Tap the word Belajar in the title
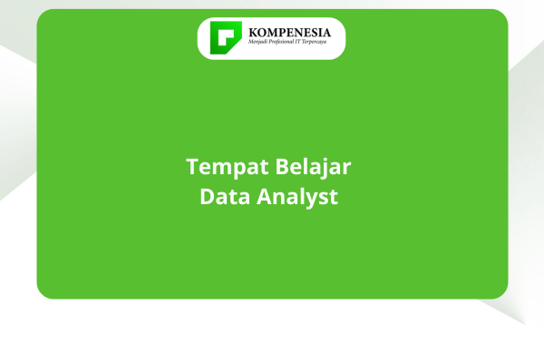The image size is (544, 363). pos(314,167)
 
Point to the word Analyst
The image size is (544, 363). pos(297,197)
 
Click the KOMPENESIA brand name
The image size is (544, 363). pos(290,33)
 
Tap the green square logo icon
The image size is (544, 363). pos(226,38)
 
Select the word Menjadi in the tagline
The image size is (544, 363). pos(256,42)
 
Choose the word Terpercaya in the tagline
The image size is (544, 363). pos(314,42)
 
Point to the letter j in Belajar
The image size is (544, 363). pos(322,169)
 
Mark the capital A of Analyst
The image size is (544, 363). pos(265,197)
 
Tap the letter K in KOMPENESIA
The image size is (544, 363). pos(254,33)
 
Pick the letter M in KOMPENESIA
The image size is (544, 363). pos(275,33)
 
